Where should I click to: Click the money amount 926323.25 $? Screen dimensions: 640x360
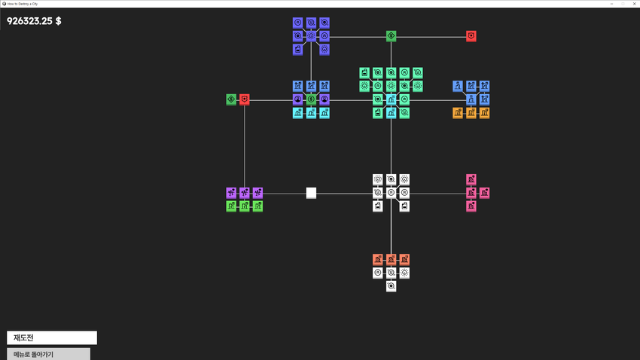pyautogui.click(x=34, y=21)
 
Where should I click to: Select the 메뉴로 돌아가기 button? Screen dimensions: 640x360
pyautogui.click(x=49, y=354)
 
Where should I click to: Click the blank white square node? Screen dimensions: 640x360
pyautogui.click(x=311, y=193)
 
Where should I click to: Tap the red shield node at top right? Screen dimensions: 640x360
pyautogui.click(x=471, y=36)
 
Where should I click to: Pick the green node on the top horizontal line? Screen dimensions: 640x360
pyautogui.click(x=391, y=36)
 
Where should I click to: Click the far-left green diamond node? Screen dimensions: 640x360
pyautogui.click(x=231, y=99)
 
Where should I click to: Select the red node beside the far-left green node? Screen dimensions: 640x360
pyautogui.click(x=245, y=99)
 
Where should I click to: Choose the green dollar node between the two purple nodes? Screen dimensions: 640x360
pyautogui.click(x=311, y=99)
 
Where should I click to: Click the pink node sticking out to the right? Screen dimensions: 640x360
pyautogui.click(x=484, y=193)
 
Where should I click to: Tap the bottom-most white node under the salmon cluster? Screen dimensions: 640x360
pyautogui.click(x=391, y=286)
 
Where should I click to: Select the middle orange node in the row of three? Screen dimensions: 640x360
pyautogui.click(x=471, y=113)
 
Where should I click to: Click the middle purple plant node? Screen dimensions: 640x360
pyautogui.click(x=245, y=193)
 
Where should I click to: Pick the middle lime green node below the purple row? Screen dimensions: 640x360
pyautogui.click(x=245, y=206)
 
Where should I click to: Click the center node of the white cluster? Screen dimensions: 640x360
pyautogui.click(x=391, y=193)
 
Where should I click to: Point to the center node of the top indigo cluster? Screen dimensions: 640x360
pyautogui.click(x=311, y=36)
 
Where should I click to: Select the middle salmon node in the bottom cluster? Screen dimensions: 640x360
pyautogui.click(x=391, y=260)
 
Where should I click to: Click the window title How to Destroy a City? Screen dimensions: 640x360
pyautogui.click(x=23, y=4)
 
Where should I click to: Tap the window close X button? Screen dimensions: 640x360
pyautogui.click(x=634, y=4)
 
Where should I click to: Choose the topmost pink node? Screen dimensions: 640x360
pyautogui.click(x=471, y=179)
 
